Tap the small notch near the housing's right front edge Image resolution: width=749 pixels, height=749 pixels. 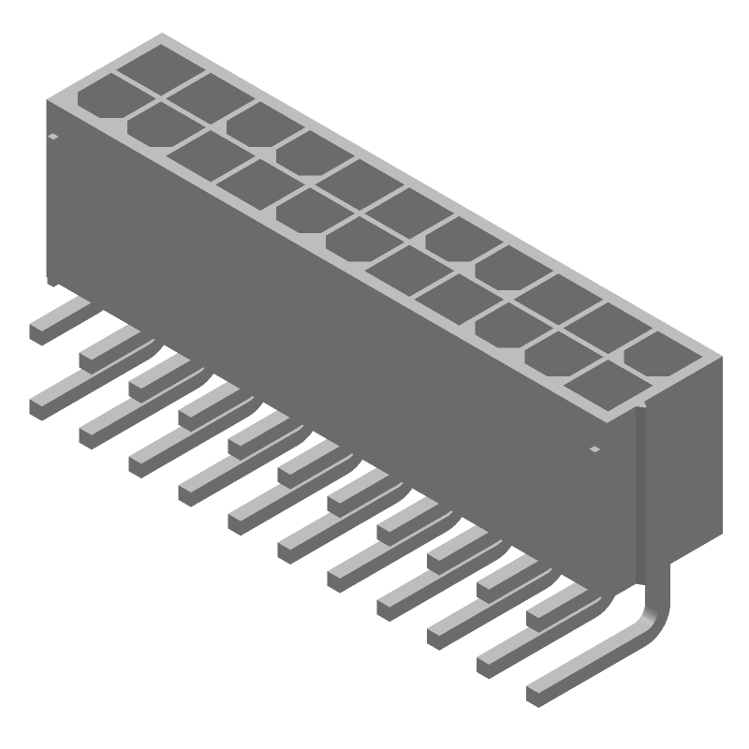pyautogui.click(x=595, y=450)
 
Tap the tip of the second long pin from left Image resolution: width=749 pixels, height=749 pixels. pyautogui.click(x=92, y=433)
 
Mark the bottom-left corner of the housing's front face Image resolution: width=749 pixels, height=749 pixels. pyautogui.click(x=49, y=279)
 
